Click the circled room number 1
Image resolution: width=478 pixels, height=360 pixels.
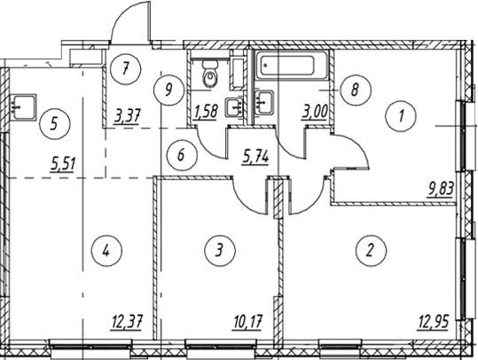click(x=401, y=116)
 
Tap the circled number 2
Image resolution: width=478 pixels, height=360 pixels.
click(x=371, y=251)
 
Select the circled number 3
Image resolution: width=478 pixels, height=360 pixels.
click(x=220, y=250)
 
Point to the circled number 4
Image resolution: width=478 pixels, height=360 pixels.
click(x=106, y=251)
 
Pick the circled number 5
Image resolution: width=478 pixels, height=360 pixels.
click(x=55, y=124)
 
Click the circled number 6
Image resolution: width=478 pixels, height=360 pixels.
click(x=182, y=155)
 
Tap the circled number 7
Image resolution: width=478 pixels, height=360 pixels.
click(x=126, y=69)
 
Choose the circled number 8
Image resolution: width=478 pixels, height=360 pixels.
click(x=356, y=90)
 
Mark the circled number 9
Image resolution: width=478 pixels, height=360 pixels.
click(x=168, y=90)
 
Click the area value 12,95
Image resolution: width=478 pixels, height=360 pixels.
click(x=433, y=322)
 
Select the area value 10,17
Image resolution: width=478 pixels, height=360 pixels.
click(x=247, y=322)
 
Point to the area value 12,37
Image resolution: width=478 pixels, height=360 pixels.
click(x=127, y=322)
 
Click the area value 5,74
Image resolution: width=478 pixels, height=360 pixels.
click(x=255, y=158)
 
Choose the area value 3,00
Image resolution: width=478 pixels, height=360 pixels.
click(x=315, y=113)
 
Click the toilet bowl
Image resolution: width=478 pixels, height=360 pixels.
click(x=210, y=74)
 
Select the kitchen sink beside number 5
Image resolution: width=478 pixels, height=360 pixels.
click(x=23, y=106)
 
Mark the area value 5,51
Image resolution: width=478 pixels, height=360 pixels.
click(x=64, y=165)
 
